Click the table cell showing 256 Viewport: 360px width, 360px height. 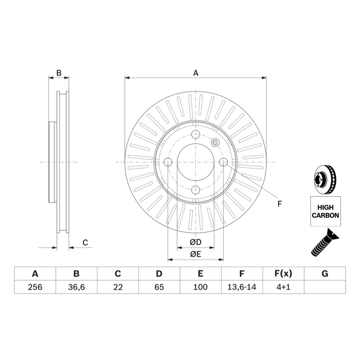35,287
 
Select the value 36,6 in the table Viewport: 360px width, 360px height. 76,287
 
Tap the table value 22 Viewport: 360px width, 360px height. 118,287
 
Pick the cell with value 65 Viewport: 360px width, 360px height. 159,287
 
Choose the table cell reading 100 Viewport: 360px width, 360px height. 200,287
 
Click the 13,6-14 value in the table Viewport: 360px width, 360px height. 242,287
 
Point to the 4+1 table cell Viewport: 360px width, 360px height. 283,287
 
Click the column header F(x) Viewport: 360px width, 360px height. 283,274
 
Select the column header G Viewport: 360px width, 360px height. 325,274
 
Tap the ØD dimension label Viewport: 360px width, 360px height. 195,242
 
